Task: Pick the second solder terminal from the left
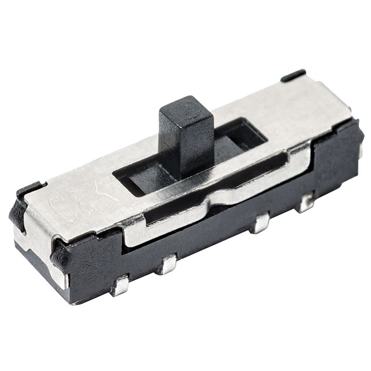(x=168, y=264)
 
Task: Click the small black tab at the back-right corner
(x=293, y=74)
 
